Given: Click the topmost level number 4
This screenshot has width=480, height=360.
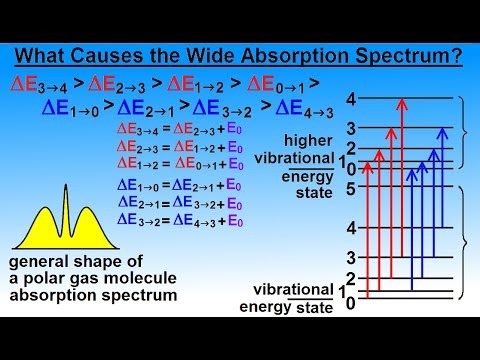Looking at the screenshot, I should coord(349,99).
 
